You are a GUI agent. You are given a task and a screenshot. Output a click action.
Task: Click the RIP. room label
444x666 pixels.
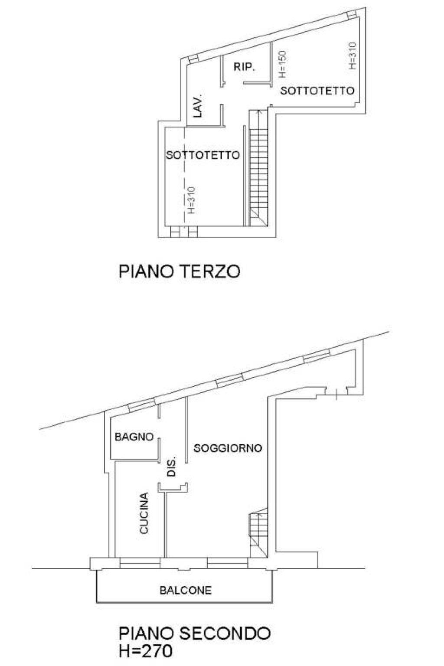[x=244, y=67]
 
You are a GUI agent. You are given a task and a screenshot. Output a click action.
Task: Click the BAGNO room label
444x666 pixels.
[x=134, y=437]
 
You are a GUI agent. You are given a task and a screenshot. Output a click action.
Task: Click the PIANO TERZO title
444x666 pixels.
[x=180, y=271]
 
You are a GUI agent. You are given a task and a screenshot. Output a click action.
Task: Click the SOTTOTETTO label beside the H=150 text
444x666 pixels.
[x=317, y=90]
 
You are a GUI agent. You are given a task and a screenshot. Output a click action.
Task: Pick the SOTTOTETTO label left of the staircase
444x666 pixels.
[x=203, y=155]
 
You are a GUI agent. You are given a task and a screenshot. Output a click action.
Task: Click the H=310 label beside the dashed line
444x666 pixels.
[x=191, y=200]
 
